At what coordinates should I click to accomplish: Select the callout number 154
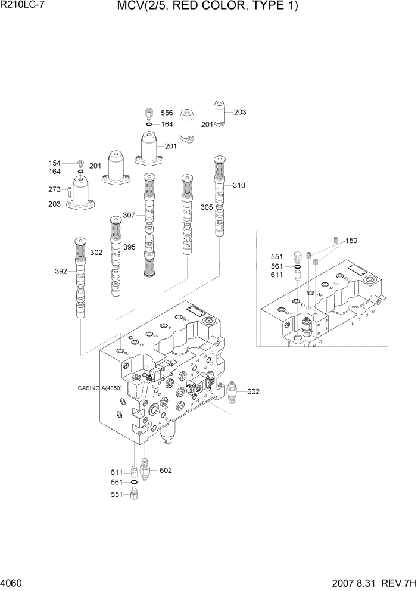tap(54, 163)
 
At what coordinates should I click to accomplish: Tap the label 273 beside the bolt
tap(54, 191)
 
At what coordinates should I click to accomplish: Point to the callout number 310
tap(239, 185)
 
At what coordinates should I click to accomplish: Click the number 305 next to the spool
tap(206, 207)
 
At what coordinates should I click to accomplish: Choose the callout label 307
tap(130, 215)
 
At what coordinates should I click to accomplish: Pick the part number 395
tap(130, 247)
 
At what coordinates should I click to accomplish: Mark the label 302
tap(96, 252)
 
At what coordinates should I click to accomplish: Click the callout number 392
tap(61, 271)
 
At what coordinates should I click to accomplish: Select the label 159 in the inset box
tap(351, 241)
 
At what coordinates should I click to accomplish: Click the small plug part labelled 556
tap(149, 113)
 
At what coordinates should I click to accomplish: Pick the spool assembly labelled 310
tap(220, 197)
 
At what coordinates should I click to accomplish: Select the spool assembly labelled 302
tap(115, 256)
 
